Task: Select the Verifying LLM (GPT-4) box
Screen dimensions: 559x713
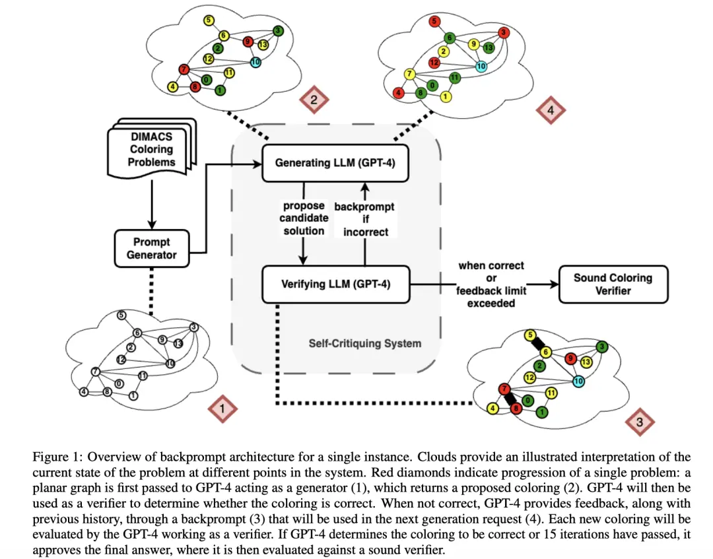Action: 335,284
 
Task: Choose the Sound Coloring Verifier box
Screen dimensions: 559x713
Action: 613,284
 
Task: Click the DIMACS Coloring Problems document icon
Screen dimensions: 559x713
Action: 151,150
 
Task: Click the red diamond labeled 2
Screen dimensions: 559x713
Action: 314,101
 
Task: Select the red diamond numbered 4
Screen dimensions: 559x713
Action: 551,111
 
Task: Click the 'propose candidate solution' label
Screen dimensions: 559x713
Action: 304,218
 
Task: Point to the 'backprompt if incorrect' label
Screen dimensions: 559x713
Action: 365,218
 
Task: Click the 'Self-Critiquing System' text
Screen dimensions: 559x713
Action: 364,343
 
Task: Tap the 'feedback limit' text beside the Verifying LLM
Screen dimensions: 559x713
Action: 491,291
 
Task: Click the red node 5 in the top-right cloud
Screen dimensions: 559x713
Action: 434,22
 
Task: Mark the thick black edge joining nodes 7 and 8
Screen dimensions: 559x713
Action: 509,399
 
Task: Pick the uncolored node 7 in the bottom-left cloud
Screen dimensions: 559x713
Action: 96,372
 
